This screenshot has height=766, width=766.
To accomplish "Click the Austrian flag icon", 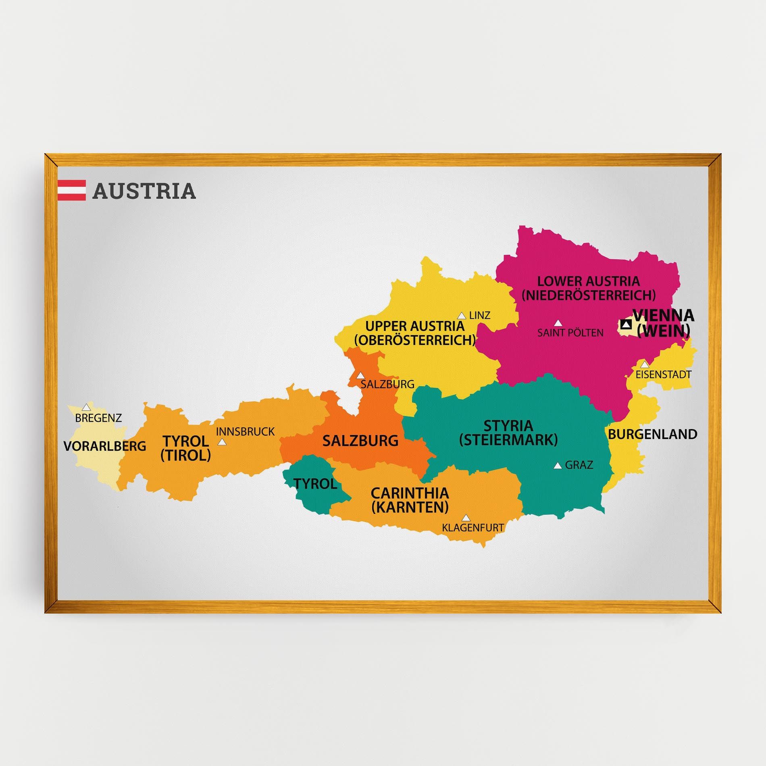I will click(71, 190).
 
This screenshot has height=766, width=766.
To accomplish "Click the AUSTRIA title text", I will click(144, 191).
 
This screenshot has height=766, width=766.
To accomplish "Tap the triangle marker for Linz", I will click(462, 316).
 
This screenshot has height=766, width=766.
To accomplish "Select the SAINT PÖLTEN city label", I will click(570, 333).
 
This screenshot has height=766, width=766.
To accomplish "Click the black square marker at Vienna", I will click(626, 324).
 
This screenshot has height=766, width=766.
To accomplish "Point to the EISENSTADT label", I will click(663, 375).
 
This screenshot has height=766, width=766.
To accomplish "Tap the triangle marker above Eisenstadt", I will click(645, 364).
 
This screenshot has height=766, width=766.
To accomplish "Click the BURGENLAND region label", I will click(652, 434).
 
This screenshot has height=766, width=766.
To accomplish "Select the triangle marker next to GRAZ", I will click(558, 466).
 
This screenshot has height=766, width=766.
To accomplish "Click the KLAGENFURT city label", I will click(473, 527).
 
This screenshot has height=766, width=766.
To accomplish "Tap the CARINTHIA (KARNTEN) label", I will click(410, 500).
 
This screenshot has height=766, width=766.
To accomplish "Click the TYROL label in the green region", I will click(315, 483).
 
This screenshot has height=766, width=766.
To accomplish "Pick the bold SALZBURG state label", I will click(360, 441).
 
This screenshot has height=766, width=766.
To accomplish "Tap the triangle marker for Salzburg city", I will click(360, 375).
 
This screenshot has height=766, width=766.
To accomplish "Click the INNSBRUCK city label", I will click(245, 432).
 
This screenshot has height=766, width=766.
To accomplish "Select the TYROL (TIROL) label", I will click(185, 448).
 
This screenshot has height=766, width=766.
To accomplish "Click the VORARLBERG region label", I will click(105, 446).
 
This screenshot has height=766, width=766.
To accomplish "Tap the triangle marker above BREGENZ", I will click(86, 407).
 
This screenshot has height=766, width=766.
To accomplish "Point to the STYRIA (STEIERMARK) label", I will click(508, 433).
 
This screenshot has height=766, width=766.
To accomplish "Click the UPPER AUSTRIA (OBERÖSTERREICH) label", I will click(415, 333).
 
